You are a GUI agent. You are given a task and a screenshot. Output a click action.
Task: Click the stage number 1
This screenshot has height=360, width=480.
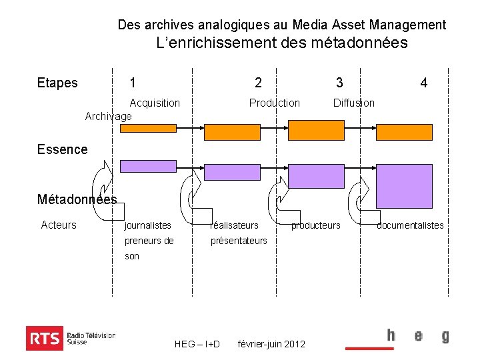(133, 83)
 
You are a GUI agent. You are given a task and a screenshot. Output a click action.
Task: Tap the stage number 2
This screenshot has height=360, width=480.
(258, 83)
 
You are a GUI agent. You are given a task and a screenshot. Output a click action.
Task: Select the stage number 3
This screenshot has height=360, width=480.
(339, 83)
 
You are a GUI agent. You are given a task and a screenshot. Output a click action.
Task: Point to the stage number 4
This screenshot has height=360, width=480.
(423, 83)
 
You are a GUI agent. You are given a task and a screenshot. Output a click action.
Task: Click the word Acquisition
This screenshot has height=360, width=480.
(155, 103)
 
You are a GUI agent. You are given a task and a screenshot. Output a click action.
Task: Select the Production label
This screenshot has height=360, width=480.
(274, 103)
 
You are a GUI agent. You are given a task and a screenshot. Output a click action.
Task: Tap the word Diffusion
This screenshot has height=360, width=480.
(354, 103)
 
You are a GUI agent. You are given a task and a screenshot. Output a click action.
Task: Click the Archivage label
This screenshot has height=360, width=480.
(109, 116)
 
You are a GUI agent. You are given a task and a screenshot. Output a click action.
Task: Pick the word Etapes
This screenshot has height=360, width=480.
(57, 83)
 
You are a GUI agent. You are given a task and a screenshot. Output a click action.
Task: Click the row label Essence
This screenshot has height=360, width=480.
(62, 149)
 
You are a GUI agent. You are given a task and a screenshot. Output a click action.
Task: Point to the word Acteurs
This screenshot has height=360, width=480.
(59, 225)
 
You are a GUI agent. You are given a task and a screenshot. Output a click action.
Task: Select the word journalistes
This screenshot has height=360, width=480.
(148, 225)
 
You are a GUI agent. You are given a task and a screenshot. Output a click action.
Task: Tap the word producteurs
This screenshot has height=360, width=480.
(315, 225)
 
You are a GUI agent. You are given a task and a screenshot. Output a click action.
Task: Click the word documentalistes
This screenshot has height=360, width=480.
(410, 225)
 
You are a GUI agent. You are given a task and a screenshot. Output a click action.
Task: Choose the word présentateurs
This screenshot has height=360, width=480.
(239, 241)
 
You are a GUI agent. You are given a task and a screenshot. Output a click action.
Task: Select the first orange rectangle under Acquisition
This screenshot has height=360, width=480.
(148, 128)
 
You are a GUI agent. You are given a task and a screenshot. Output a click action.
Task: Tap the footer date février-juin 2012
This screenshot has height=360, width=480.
(271, 344)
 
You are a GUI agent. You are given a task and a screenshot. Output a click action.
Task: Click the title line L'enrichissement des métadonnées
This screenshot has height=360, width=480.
(281, 43)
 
